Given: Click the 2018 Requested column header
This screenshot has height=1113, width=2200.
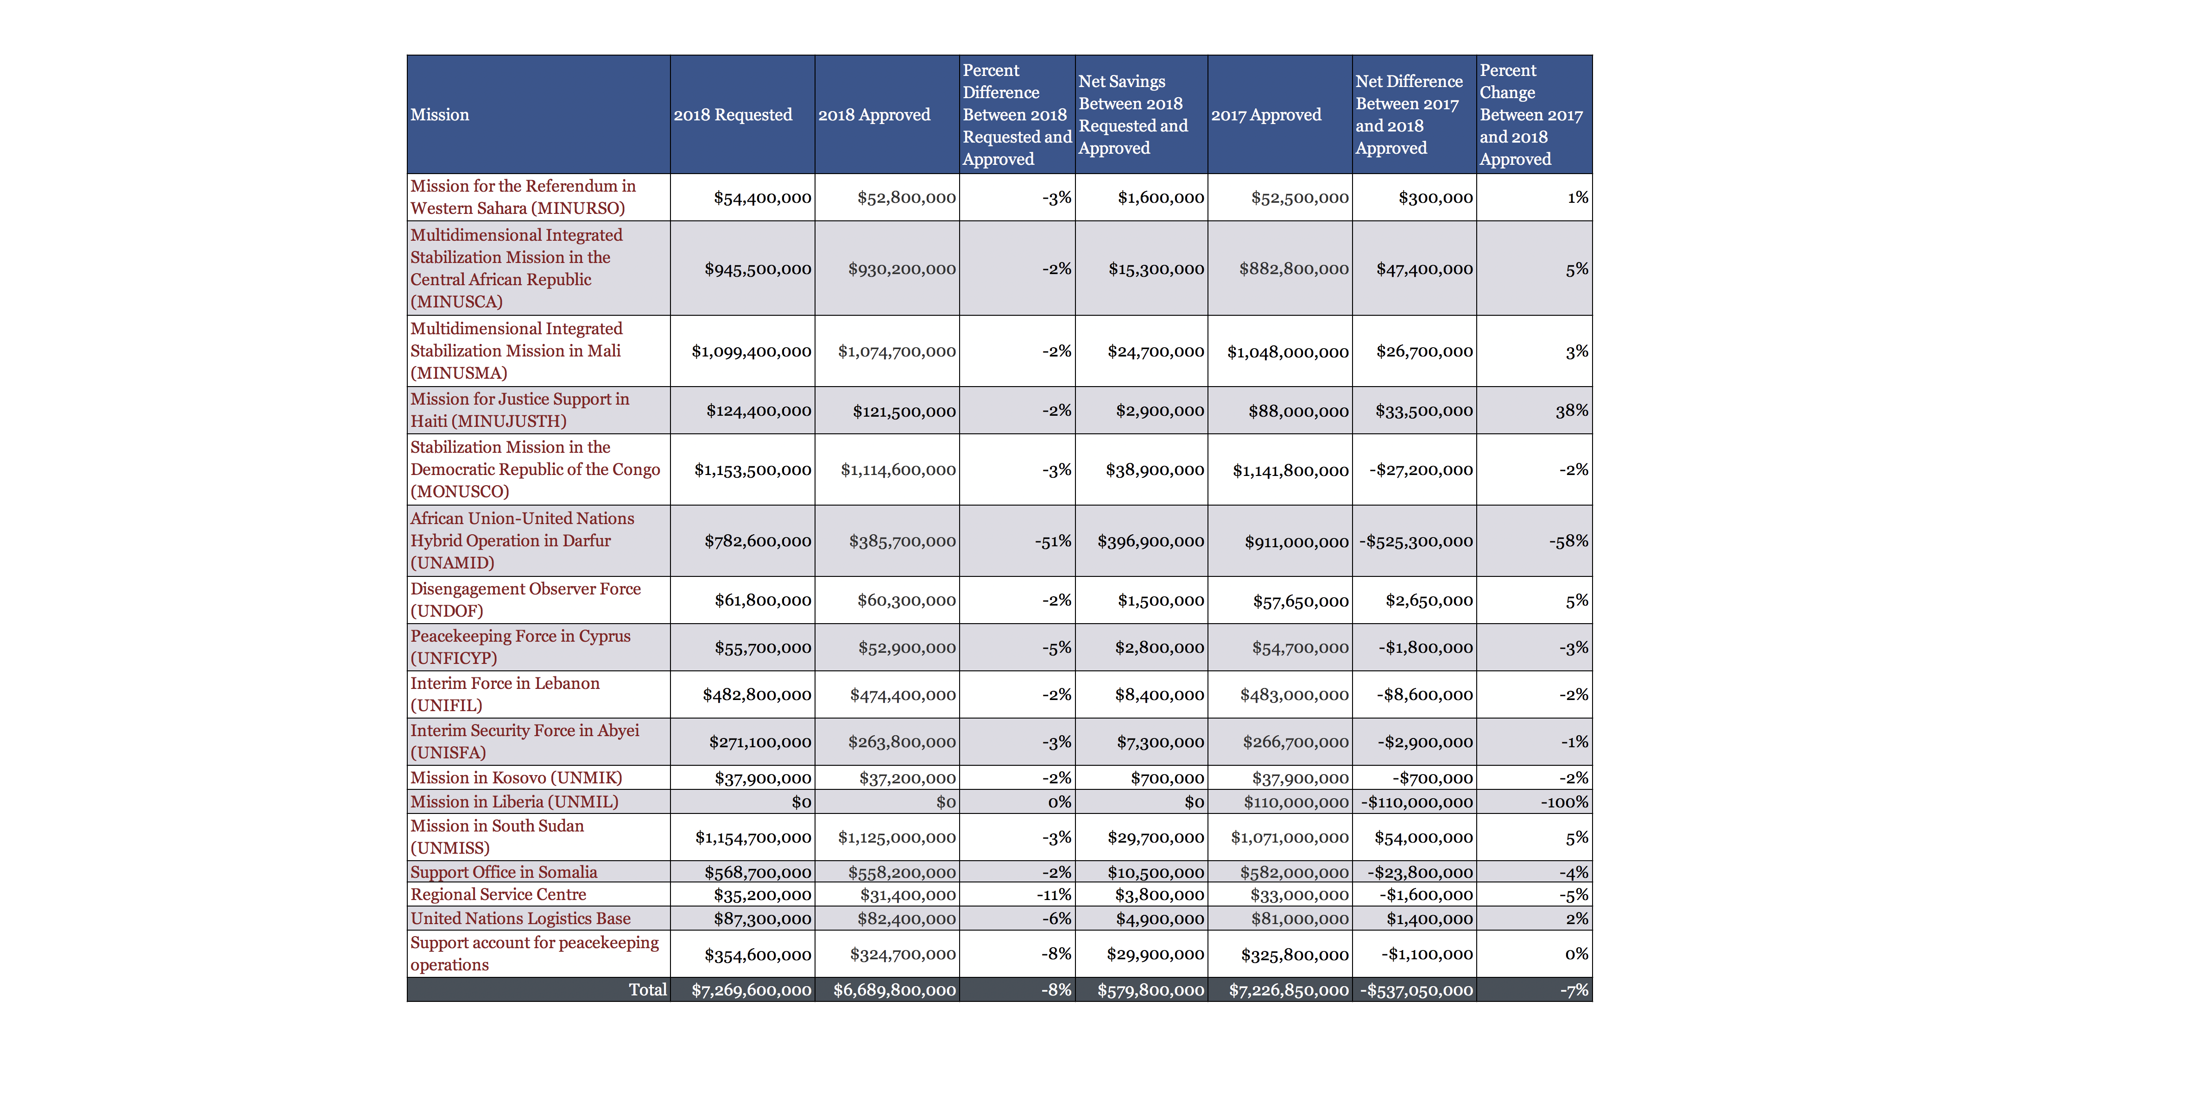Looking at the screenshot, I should point(733,114).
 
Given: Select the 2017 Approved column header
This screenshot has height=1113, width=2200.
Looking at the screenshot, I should point(1266,114).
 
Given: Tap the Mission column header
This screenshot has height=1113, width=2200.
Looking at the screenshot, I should point(440,114).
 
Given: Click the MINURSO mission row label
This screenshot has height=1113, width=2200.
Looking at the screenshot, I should point(523,197).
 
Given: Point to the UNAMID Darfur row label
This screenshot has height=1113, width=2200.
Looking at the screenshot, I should point(522,540).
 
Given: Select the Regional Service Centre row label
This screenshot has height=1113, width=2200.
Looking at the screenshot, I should point(498,894).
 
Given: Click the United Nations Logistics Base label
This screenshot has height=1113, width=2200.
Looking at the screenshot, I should point(520,919).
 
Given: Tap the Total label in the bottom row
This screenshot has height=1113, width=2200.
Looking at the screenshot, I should point(647,989).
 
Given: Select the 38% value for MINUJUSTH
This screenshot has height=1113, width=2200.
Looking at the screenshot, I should point(1571,411).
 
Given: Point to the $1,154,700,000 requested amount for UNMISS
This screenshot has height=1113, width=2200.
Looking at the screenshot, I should point(752,838).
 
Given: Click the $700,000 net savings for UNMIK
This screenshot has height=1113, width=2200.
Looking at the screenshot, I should point(1167,777).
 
